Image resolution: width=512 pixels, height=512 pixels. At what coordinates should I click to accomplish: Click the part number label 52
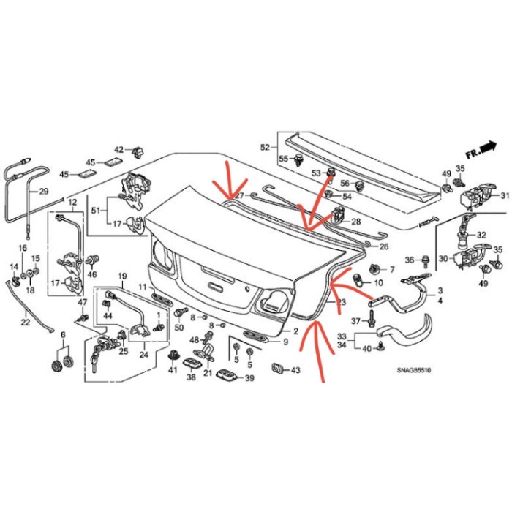pos(265,147)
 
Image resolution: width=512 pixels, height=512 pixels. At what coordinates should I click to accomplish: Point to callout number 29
pos(43,192)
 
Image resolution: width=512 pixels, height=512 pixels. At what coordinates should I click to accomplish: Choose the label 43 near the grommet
pos(295,371)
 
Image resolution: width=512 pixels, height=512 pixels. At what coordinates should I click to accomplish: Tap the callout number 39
pos(249,378)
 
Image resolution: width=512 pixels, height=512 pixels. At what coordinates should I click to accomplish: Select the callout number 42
pos(118,149)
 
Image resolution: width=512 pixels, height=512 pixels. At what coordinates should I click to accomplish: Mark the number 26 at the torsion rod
pos(383,246)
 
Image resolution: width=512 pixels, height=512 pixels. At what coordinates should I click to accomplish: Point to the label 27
pos(238,195)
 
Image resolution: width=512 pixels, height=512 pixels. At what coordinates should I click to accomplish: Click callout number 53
pos(316,173)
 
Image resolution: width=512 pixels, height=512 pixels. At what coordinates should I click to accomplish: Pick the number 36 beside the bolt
pos(410,260)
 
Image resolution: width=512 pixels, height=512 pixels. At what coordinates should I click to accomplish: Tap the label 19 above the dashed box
pos(122,276)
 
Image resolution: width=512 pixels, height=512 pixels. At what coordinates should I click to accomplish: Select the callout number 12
pos(72,201)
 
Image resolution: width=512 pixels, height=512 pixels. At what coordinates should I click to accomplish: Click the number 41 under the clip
pos(173,371)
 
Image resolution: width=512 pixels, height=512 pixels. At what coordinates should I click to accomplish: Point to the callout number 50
pos(179,326)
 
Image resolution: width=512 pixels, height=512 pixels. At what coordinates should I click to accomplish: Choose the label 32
pos(481,235)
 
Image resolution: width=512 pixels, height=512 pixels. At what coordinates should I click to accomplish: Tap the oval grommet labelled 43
pos(279,367)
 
